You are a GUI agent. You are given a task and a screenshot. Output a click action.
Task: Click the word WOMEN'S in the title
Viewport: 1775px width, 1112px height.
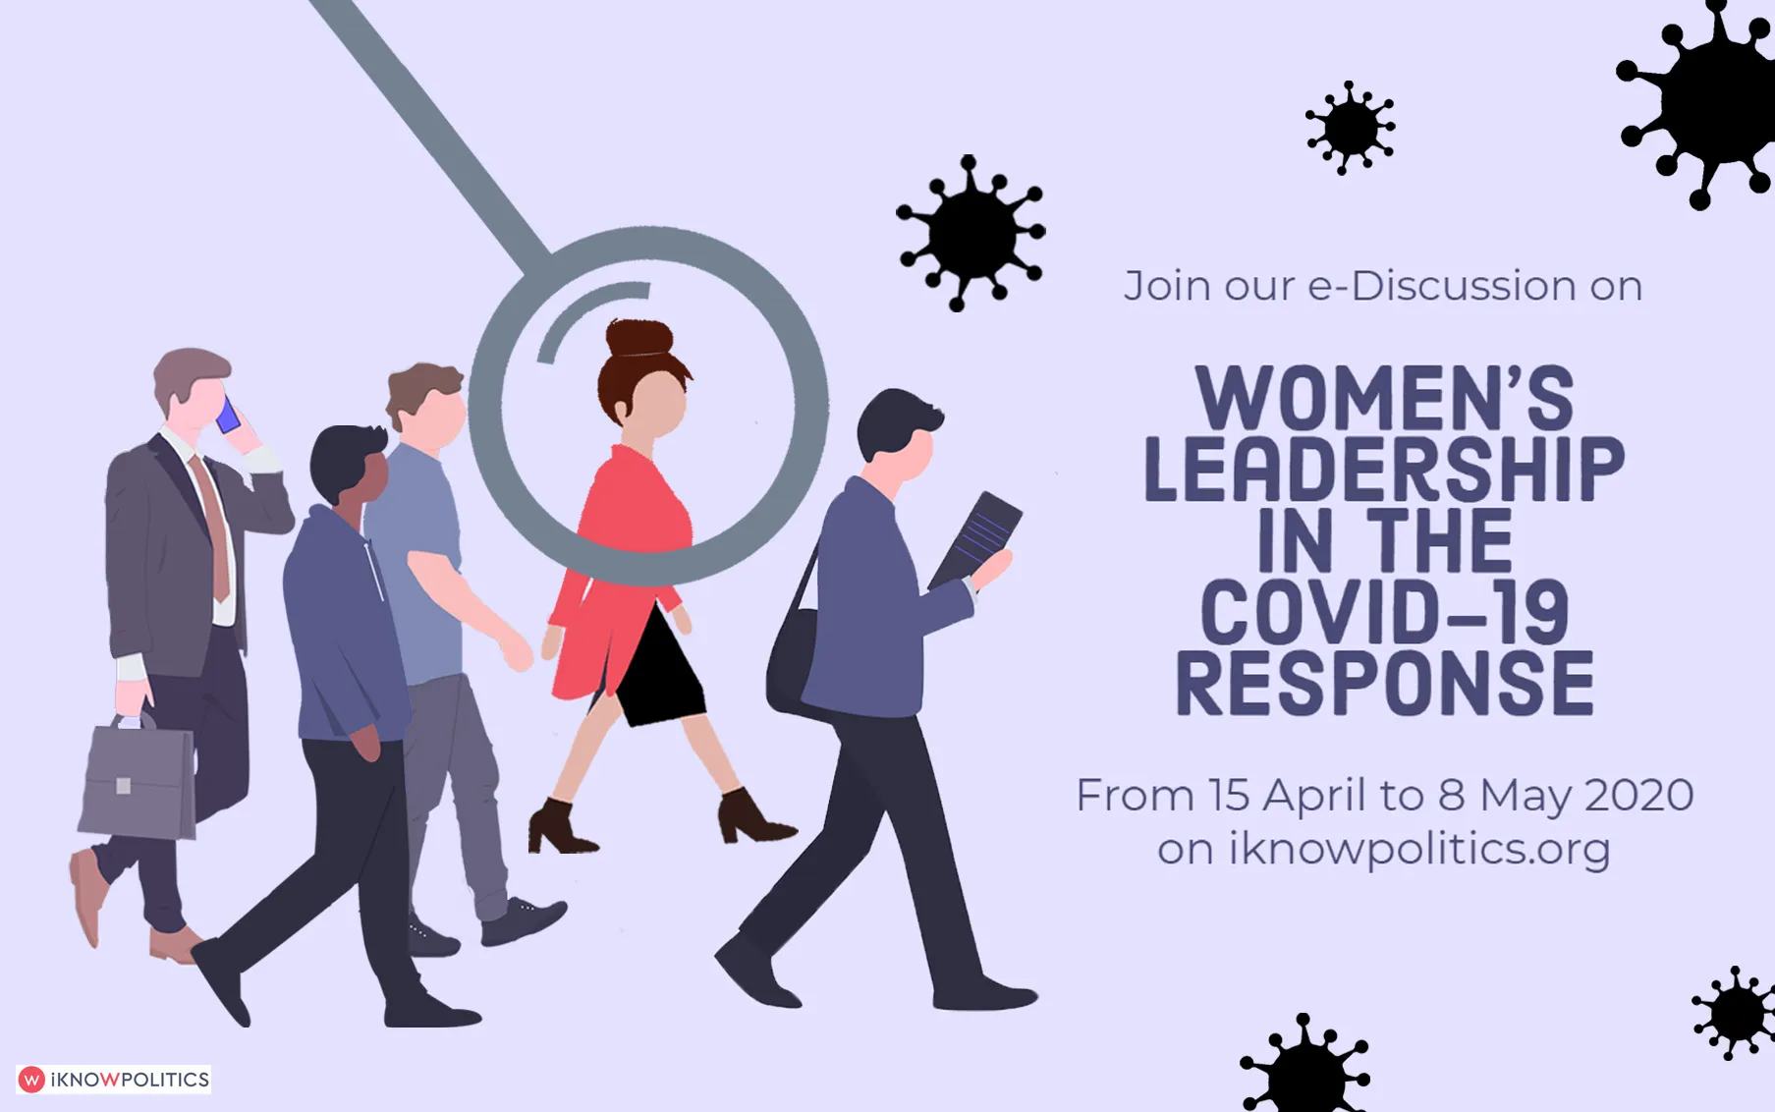1384,398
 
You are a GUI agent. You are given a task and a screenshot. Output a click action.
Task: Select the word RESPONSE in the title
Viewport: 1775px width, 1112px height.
1384,683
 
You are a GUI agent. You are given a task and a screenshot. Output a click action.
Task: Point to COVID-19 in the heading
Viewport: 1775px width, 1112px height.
1384,611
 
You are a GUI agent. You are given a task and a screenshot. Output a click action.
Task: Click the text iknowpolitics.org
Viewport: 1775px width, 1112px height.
1419,849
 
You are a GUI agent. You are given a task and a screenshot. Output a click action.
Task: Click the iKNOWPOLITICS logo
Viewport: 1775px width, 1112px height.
114,1080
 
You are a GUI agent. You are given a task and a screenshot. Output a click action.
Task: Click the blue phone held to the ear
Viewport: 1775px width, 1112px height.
228,416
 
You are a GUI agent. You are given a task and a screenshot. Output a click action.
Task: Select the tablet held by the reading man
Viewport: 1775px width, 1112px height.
976,540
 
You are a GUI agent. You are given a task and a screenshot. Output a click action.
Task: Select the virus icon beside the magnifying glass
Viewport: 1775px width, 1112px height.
971,234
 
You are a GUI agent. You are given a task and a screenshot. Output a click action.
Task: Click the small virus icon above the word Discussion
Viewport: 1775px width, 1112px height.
1351,128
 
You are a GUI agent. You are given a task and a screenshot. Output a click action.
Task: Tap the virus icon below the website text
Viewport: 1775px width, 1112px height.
1305,1066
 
